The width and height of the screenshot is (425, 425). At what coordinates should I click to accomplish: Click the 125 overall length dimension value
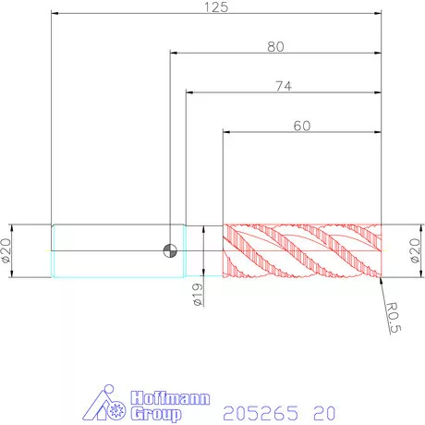[x=216, y=7]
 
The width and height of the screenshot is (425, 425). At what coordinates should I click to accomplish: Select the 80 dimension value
[x=275, y=46]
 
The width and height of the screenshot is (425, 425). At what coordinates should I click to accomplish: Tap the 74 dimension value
[x=284, y=86]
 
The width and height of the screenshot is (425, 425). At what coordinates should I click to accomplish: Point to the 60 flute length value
[x=302, y=126]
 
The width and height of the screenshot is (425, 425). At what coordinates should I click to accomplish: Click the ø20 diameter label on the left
[x=6, y=250]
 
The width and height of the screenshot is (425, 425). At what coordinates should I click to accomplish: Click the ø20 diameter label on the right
[x=415, y=250]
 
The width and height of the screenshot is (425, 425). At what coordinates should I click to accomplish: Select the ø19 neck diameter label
[x=198, y=295]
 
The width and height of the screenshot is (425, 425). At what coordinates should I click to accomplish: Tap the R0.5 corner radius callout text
[x=394, y=318]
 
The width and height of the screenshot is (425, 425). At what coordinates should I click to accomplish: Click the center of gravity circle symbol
[x=170, y=250]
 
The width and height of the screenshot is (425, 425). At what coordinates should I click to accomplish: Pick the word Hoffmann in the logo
[x=170, y=398]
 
